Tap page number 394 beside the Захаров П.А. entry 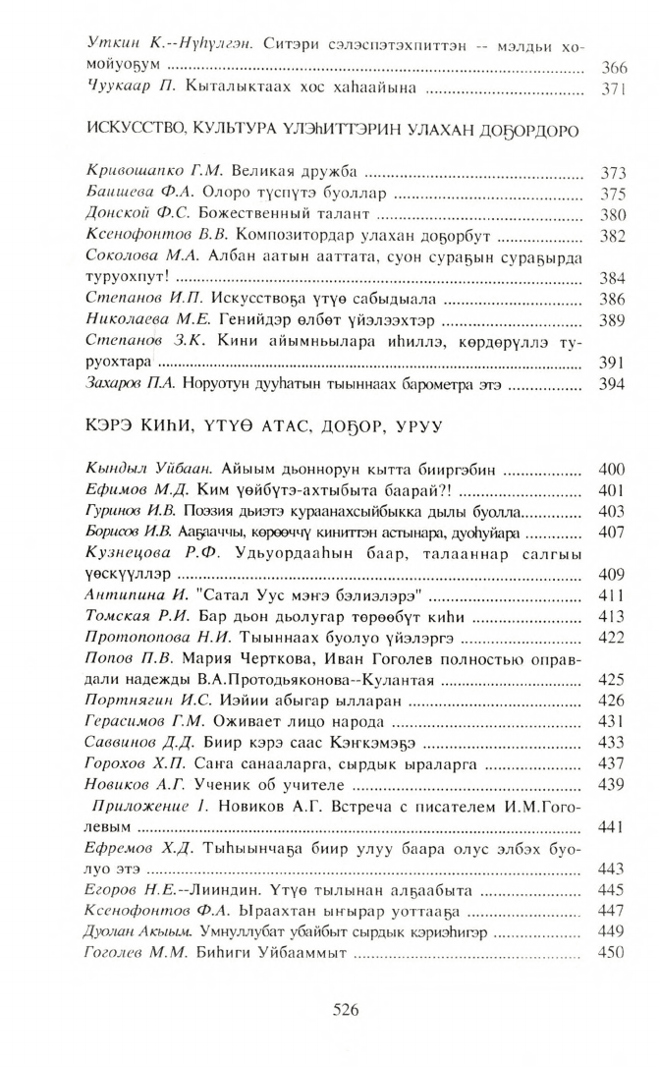[x=612, y=384]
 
